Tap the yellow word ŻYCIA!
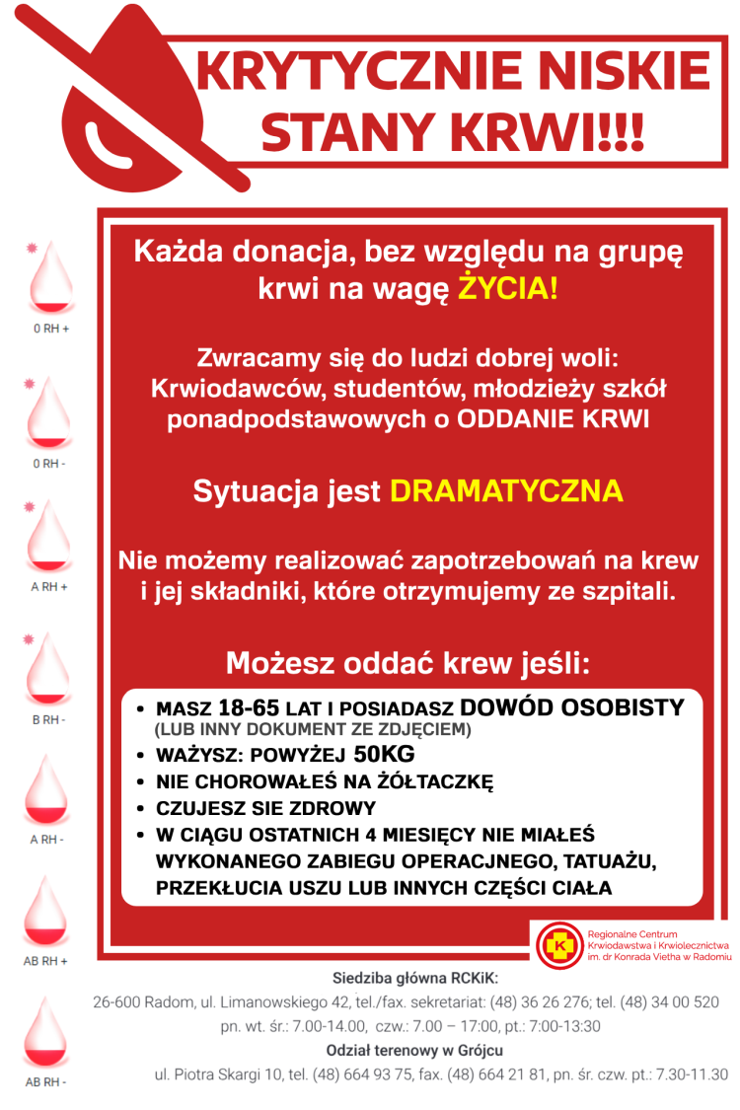508,290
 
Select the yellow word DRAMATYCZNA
506,491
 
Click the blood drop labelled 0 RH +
48,276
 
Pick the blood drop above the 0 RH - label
48,412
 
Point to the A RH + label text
48,587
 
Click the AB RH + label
47,960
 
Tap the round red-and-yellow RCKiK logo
559,945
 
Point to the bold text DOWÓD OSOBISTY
571,707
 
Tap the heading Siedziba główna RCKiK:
415,978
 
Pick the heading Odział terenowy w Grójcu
414,1050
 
